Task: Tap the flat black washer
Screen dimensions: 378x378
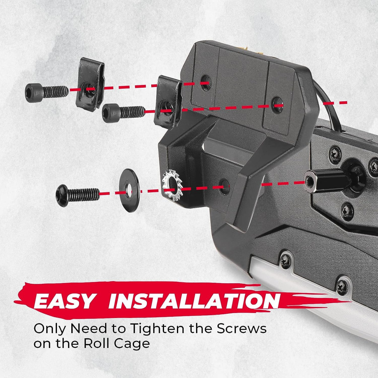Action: pos(129,191)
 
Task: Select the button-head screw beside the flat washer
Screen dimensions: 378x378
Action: pos(78,196)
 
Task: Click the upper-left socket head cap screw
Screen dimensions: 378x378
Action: pos(47,93)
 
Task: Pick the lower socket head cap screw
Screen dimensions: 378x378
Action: pos(124,113)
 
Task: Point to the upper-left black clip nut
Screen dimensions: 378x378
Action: pos(90,85)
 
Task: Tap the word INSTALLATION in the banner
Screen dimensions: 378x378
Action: pos(194,301)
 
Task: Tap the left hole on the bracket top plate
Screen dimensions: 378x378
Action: pos(206,83)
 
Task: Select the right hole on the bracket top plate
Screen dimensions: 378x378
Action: pos(277,105)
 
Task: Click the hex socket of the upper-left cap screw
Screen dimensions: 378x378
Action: pos(29,93)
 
